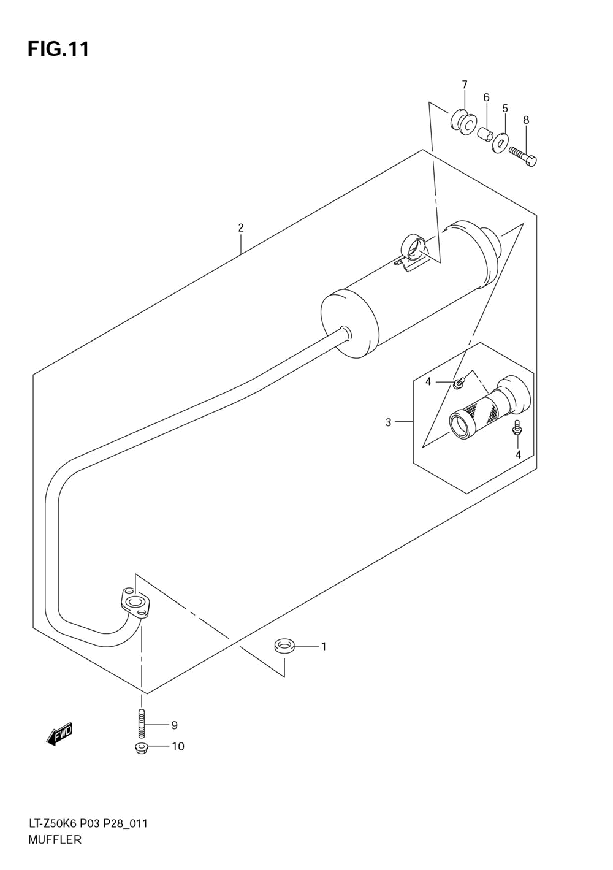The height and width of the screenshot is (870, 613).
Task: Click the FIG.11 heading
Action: pyautogui.click(x=58, y=49)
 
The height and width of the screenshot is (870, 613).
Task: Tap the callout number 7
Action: pyautogui.click(x=464, y=84)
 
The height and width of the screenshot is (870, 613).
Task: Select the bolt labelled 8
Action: pyautogui.click(x=523, y=156)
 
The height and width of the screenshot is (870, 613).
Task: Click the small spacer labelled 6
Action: pyautogui.click(x=484, y=133)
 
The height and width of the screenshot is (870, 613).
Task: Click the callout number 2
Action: pyautogui.click(x=241, y=227)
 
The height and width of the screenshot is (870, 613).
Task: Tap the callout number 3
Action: pyautogui.click(x=388, y=422)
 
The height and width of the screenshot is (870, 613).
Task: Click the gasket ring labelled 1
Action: pyautogui.click(x=284, y=646)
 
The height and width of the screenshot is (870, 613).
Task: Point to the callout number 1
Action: pyautogui.click(x=323, y=646)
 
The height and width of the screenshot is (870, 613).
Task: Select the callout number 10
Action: pyautogui.click(x=178, y=747)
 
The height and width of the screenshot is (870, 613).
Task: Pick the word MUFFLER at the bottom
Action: pyautogui.click(x=55, y=840)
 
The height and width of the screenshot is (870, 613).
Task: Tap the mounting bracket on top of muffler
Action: pyautogui.click(x=414, y=251)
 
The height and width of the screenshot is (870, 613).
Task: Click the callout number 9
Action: pyautogui.click(x=174, y=725)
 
